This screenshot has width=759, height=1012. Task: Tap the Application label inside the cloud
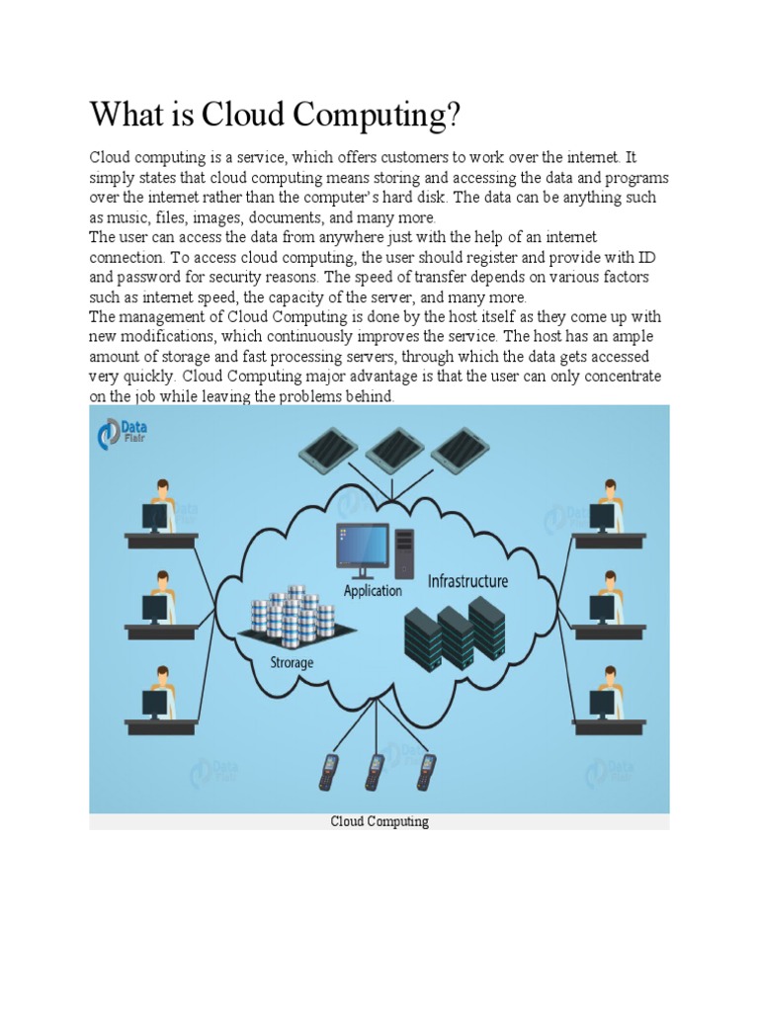click(373, 591)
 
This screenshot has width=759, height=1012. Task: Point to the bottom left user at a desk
click(159, 699)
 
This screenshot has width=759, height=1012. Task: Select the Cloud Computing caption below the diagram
click(379, 822)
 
